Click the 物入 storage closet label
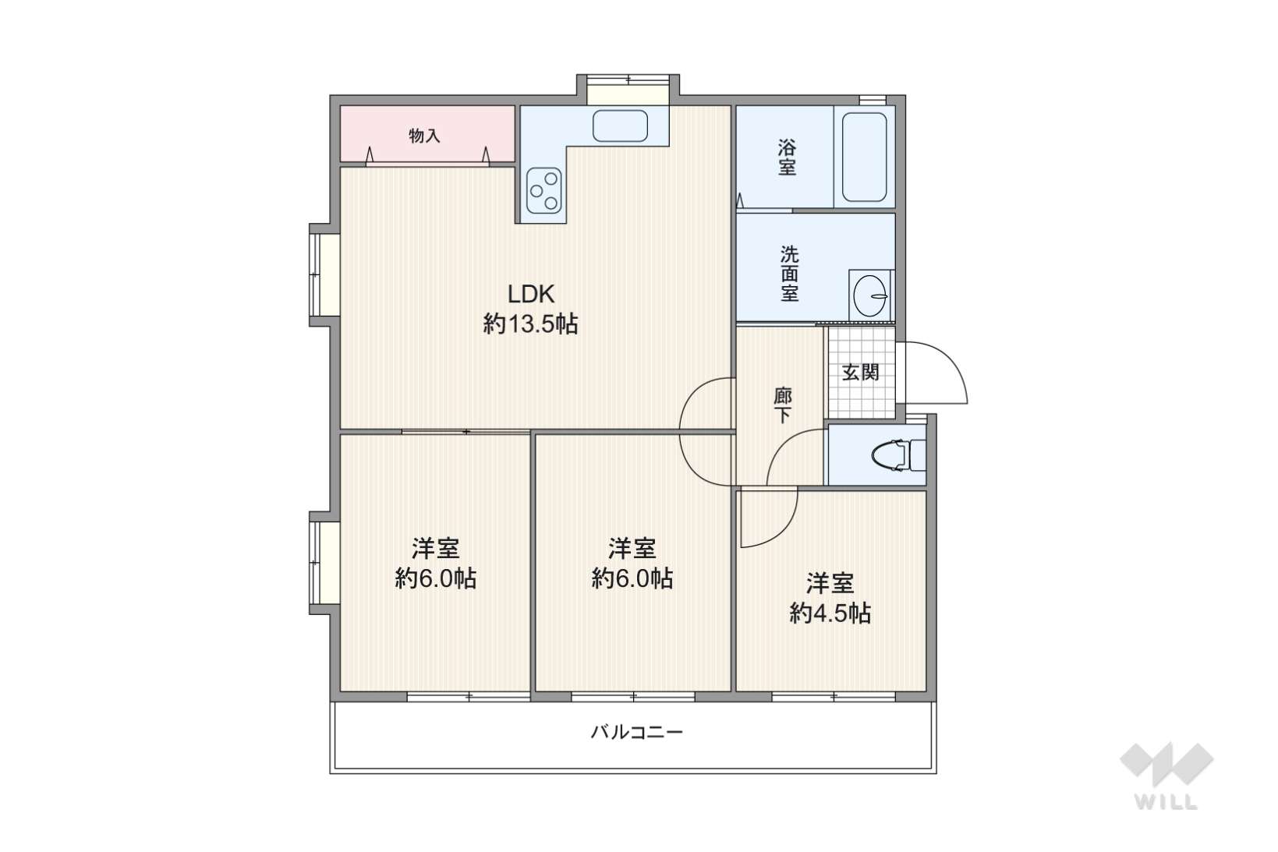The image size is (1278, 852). click(424, 136)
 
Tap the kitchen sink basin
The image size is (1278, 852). click(620, 126)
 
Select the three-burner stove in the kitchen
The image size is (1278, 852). click(543, 190)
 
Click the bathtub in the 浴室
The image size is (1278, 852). click(864, 157)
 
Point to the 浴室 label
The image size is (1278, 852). click(787, 157)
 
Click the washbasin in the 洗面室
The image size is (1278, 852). click(870, 295)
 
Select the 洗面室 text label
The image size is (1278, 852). click(790, 274)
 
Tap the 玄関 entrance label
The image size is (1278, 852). click(860, 373)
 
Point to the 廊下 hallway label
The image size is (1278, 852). click(782, 405)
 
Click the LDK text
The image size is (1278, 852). click(530, 295)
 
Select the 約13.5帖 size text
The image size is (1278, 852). click(530, 324)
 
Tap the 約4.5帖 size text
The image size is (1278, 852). click(830, 613)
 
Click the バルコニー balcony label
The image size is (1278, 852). click(636, 732)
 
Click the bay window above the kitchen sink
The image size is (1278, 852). click(628, 90)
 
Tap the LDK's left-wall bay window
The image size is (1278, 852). click(324, 274)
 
